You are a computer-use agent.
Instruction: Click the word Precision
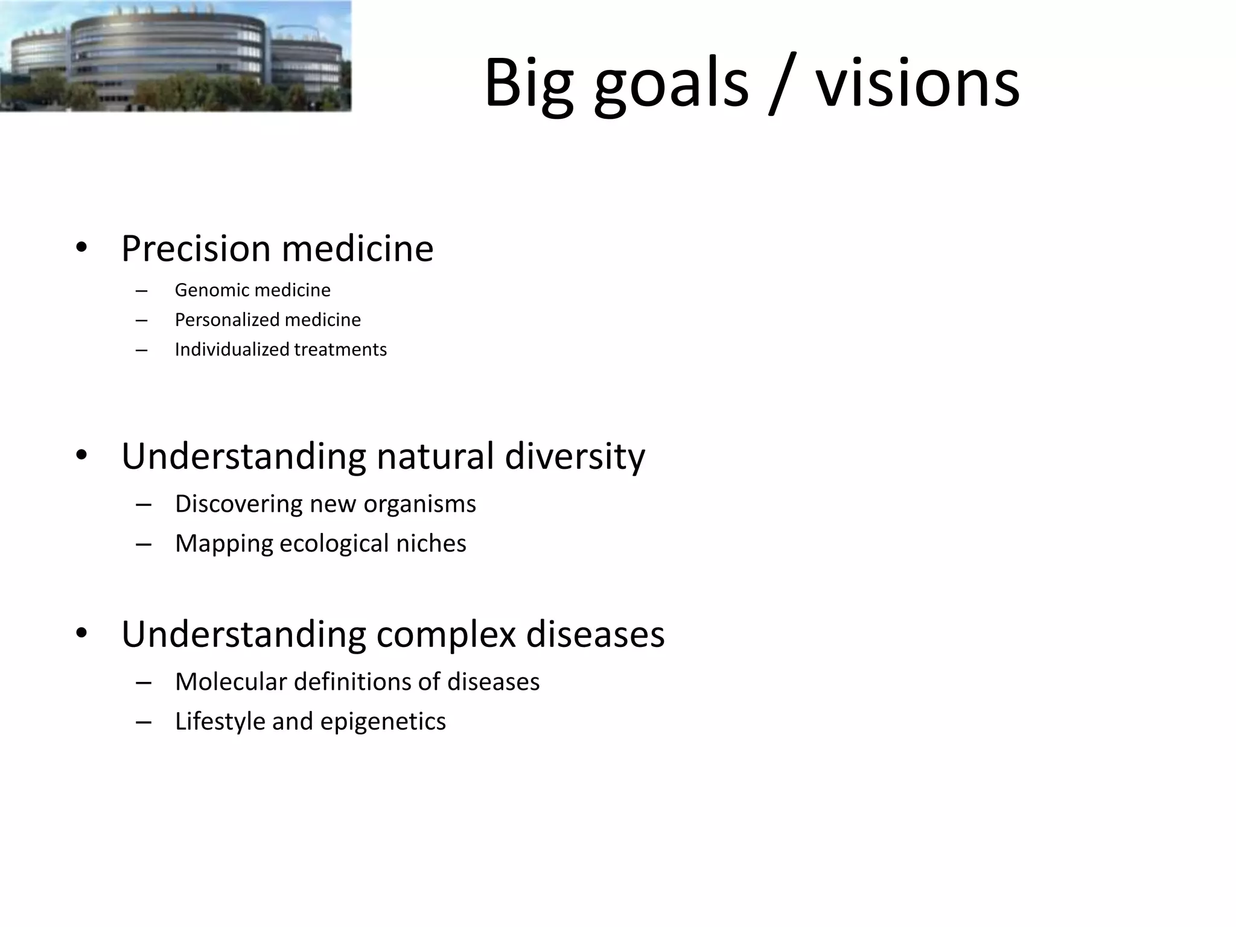point(196,248)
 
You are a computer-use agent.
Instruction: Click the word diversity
point(575,457)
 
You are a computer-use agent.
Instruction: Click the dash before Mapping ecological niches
point(143,544)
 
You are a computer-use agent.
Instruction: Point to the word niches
point(431,543)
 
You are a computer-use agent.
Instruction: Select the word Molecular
point(231,682)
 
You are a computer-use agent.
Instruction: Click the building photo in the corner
point(175,56)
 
